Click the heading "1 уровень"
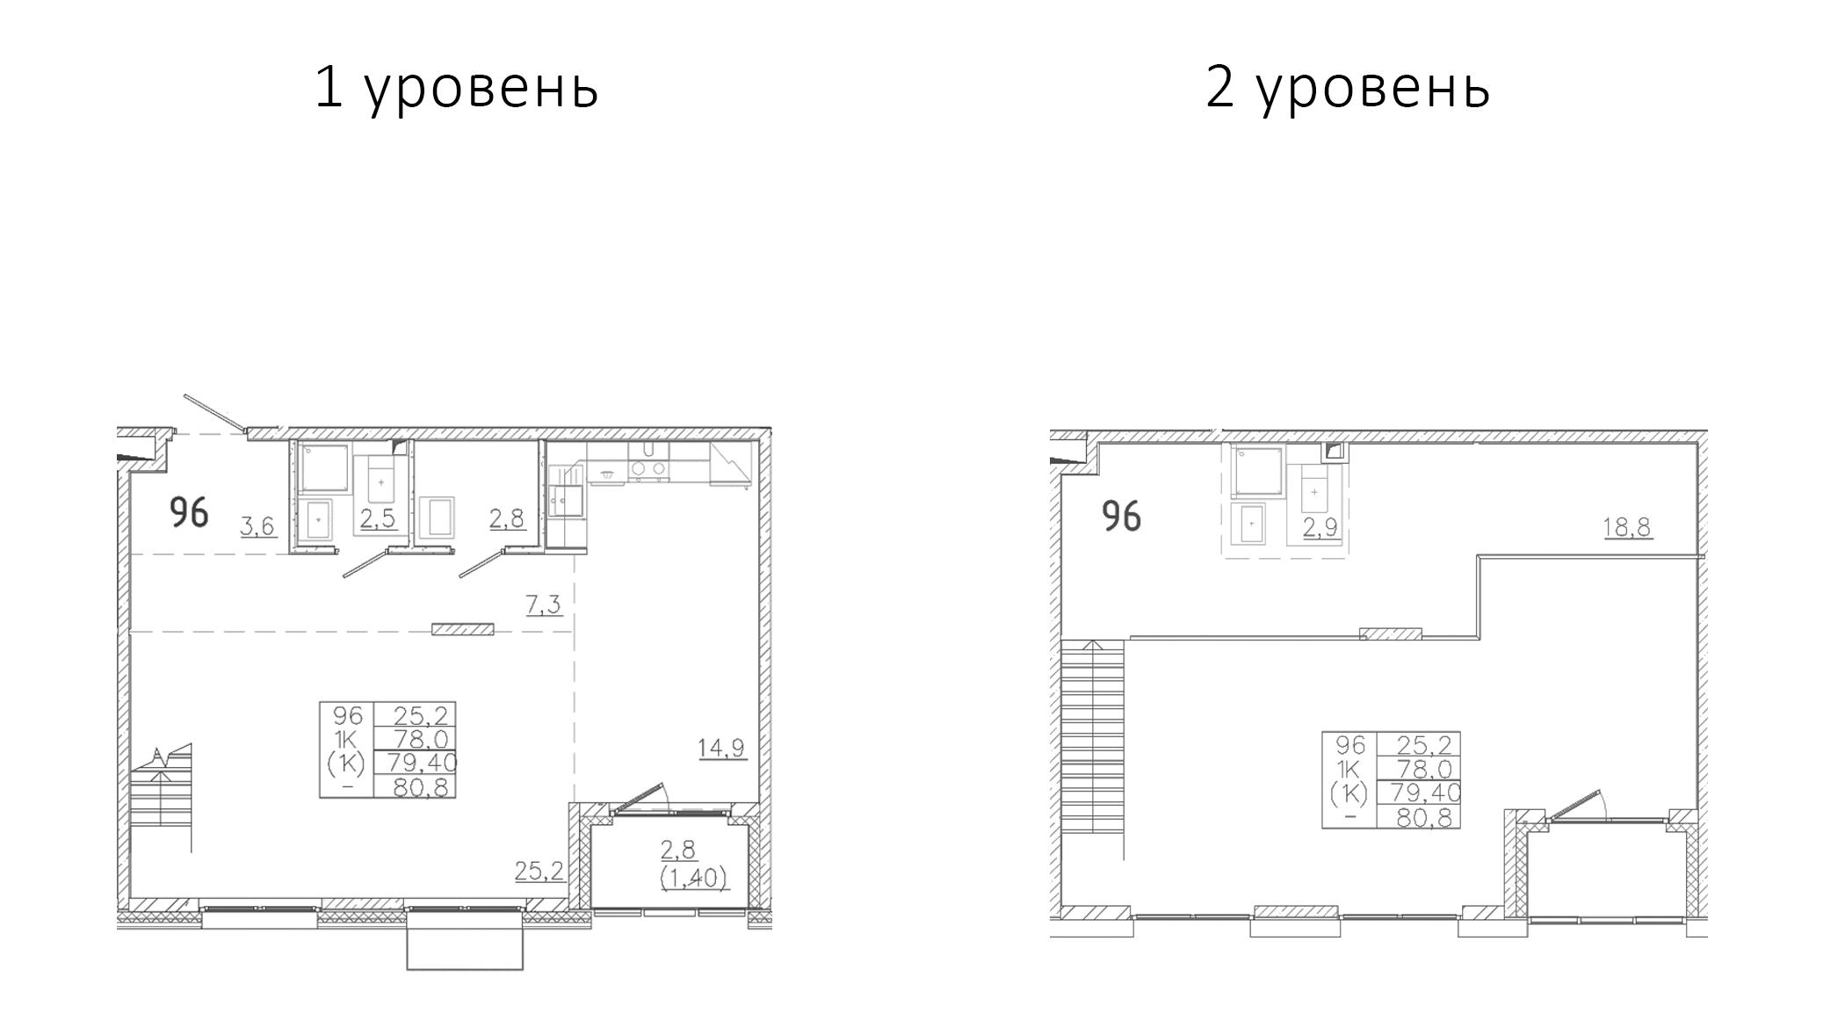pyautogui.click(x=456, y=90)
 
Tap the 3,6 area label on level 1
pyautogui.click(x=258, y=525)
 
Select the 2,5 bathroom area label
pyautogui.click(x=378, y=518)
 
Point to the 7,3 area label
pyautogui.click(x=544, y=604)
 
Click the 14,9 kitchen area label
pyautogui.click(x=722, y=748)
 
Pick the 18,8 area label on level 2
pyautogui.click(x=1628, y=527)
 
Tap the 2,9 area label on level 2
pyautogui.click(x=1320, y=527)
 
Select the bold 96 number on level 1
pyautogui.click(x=189, y=512)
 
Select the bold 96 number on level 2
pyautogui.click(x=1122, y=516)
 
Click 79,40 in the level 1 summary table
pyautogui.click(x=416, y=762)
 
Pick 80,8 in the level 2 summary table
pyautogui.click(x=1419, y=817)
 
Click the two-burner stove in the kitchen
pyautogui.click(x=648, y=469)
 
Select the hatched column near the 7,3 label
pyautogui.click(x=462, y=629)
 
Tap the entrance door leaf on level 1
pyautogui.click(x=213, y=412)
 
